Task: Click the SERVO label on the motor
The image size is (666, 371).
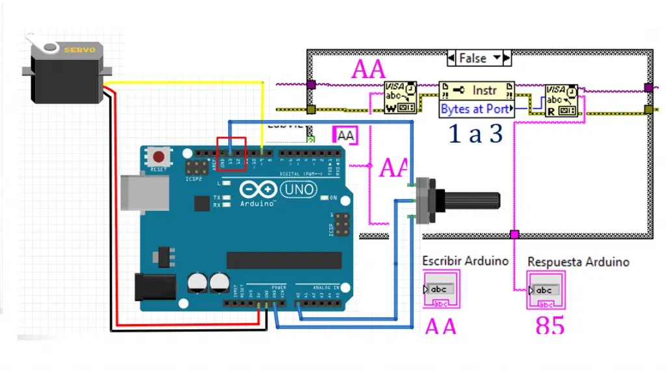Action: [79, 49]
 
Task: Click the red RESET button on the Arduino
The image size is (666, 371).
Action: [157, 157]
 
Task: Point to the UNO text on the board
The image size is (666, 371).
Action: [299, 189]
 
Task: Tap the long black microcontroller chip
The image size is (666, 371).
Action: [284, 260]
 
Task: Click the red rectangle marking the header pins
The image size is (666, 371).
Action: [231, 154]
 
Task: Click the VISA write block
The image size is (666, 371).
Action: [400, 98]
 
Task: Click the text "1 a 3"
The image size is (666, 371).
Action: [475, 133]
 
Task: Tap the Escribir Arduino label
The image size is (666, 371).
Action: [465, 261]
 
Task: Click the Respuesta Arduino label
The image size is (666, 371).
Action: [578, 262]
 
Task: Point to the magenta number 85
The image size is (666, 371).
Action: [550, 325]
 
